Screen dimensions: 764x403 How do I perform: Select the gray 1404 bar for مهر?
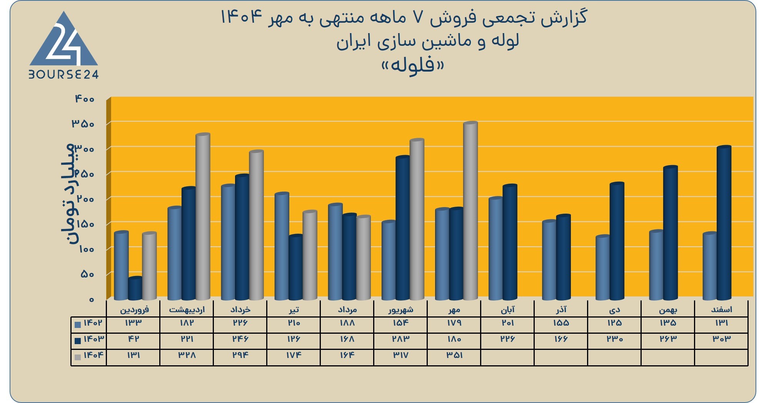coord(470,211)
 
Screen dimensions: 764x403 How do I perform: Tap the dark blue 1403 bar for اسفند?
coord(724,223)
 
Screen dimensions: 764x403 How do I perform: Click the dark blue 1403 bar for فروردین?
coord(135,288)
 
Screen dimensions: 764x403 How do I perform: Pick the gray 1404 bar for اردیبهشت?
coord(203,217)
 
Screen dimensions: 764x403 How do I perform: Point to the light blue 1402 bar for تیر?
coord(282,246)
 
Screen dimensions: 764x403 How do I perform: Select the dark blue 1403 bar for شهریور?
coord(403,228)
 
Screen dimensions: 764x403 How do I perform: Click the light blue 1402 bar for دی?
coord(603,268)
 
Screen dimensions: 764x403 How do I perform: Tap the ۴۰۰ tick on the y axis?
coord(85,99)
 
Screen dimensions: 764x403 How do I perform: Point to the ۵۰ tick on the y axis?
coord(87,274)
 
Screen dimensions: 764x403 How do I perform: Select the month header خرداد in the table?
coord(240,309)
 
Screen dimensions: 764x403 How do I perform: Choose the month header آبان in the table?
coord(507,309)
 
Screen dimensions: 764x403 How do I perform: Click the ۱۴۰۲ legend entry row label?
coord(89,323)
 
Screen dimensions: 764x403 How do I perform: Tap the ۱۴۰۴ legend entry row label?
coord(89,355)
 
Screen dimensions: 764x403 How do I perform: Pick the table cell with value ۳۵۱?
coord(454,355)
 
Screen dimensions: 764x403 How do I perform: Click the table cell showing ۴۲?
coord(133,339)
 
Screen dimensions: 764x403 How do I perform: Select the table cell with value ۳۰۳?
coord(722,339)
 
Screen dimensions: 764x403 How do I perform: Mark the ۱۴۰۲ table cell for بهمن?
coord(668,323)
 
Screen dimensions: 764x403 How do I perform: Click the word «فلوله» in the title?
coord(412,65)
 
